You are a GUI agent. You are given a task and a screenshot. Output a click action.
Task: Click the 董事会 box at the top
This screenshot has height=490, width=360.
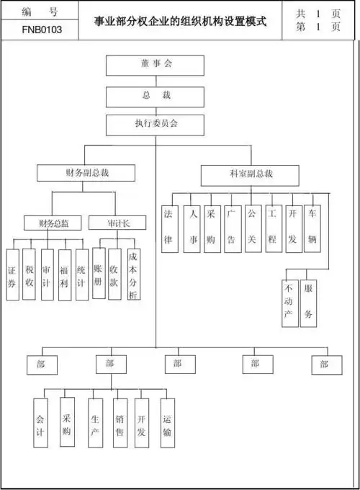pyautogui.click(x=156, y=65)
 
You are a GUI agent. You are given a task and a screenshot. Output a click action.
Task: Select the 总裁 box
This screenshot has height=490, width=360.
pyautogui.click(x=156, y=96)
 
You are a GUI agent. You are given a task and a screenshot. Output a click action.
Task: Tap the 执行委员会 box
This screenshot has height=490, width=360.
pyautogui.click(x=156, y=124)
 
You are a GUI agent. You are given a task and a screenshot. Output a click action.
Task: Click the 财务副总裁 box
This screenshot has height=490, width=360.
pyautogui.click(x=86, y=173)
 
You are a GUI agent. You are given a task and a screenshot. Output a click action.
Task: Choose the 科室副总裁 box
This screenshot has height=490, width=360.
pyautogui.click(x=251, y=174)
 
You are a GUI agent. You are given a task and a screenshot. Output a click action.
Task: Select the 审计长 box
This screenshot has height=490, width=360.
pyautogui.click(x=117, y=223)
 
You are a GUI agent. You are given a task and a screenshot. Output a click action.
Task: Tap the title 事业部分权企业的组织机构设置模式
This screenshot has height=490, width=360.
pyautogui.click(x=181, y=21)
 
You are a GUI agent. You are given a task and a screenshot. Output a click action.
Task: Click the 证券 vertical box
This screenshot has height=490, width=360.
pyautogui.click(x=12, y=274)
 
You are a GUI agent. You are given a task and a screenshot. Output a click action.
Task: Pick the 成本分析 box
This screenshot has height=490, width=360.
pyautogui.click(x=133, y=274)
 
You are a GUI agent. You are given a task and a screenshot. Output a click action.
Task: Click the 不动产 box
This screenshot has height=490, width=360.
pyautogui.click(x=289, y=303)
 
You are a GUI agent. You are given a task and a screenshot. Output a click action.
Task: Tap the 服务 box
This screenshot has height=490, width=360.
pyautogui.click(x=308, y=303)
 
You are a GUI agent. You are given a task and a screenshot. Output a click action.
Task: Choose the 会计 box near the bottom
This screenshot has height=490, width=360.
pyautogui.click(x=40, y=422)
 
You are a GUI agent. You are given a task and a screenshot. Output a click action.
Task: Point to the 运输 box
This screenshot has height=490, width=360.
pyautogui.click(x=167, y=422)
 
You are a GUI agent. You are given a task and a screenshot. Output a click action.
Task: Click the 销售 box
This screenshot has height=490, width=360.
pyautogui.click(x=120, y=422)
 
